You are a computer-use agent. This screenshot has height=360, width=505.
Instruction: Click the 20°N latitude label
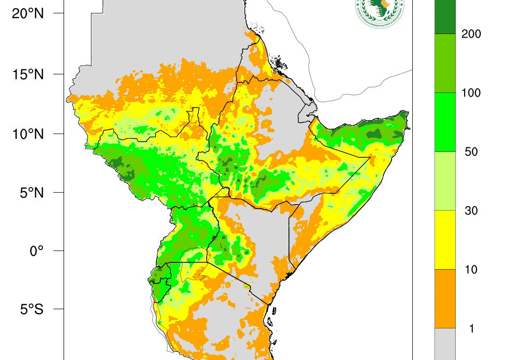28,14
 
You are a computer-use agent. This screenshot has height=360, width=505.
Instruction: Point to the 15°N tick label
28,74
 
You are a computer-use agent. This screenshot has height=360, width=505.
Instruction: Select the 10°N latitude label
28,134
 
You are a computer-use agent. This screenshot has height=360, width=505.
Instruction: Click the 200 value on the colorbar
471,34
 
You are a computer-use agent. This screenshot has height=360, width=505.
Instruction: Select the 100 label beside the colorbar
471,93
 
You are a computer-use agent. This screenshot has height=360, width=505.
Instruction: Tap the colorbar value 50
471,152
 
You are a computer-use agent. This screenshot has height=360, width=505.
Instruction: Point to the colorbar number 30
471,211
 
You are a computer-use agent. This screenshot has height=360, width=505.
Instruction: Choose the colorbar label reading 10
471,270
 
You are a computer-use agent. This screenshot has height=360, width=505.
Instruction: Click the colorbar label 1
471,328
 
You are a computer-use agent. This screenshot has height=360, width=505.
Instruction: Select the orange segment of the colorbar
445,299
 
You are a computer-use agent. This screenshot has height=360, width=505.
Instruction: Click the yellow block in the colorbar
445,240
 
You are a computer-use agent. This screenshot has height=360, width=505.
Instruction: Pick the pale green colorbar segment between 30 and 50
445,181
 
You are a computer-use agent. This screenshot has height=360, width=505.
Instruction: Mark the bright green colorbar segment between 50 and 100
445,122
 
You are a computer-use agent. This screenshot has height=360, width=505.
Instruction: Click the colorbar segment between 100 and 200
445,63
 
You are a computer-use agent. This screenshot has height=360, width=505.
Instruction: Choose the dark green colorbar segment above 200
445,17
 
